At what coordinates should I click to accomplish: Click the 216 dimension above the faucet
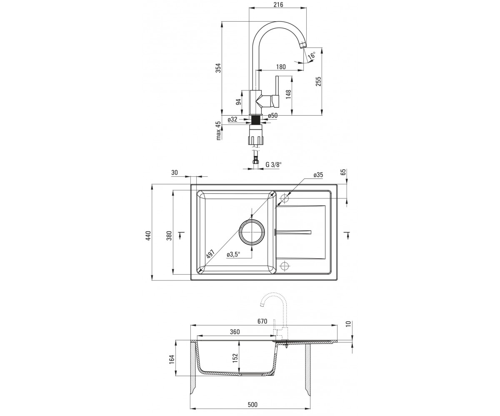(x=278, y=4)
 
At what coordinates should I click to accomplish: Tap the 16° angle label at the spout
(x=312, y=56)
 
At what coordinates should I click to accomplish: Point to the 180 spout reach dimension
(x=280, y=67)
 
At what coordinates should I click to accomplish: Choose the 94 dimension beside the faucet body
(x=238, y=102)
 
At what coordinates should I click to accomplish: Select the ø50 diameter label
(x=273, y=116)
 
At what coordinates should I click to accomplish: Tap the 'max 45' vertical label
(x=218, y=131)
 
